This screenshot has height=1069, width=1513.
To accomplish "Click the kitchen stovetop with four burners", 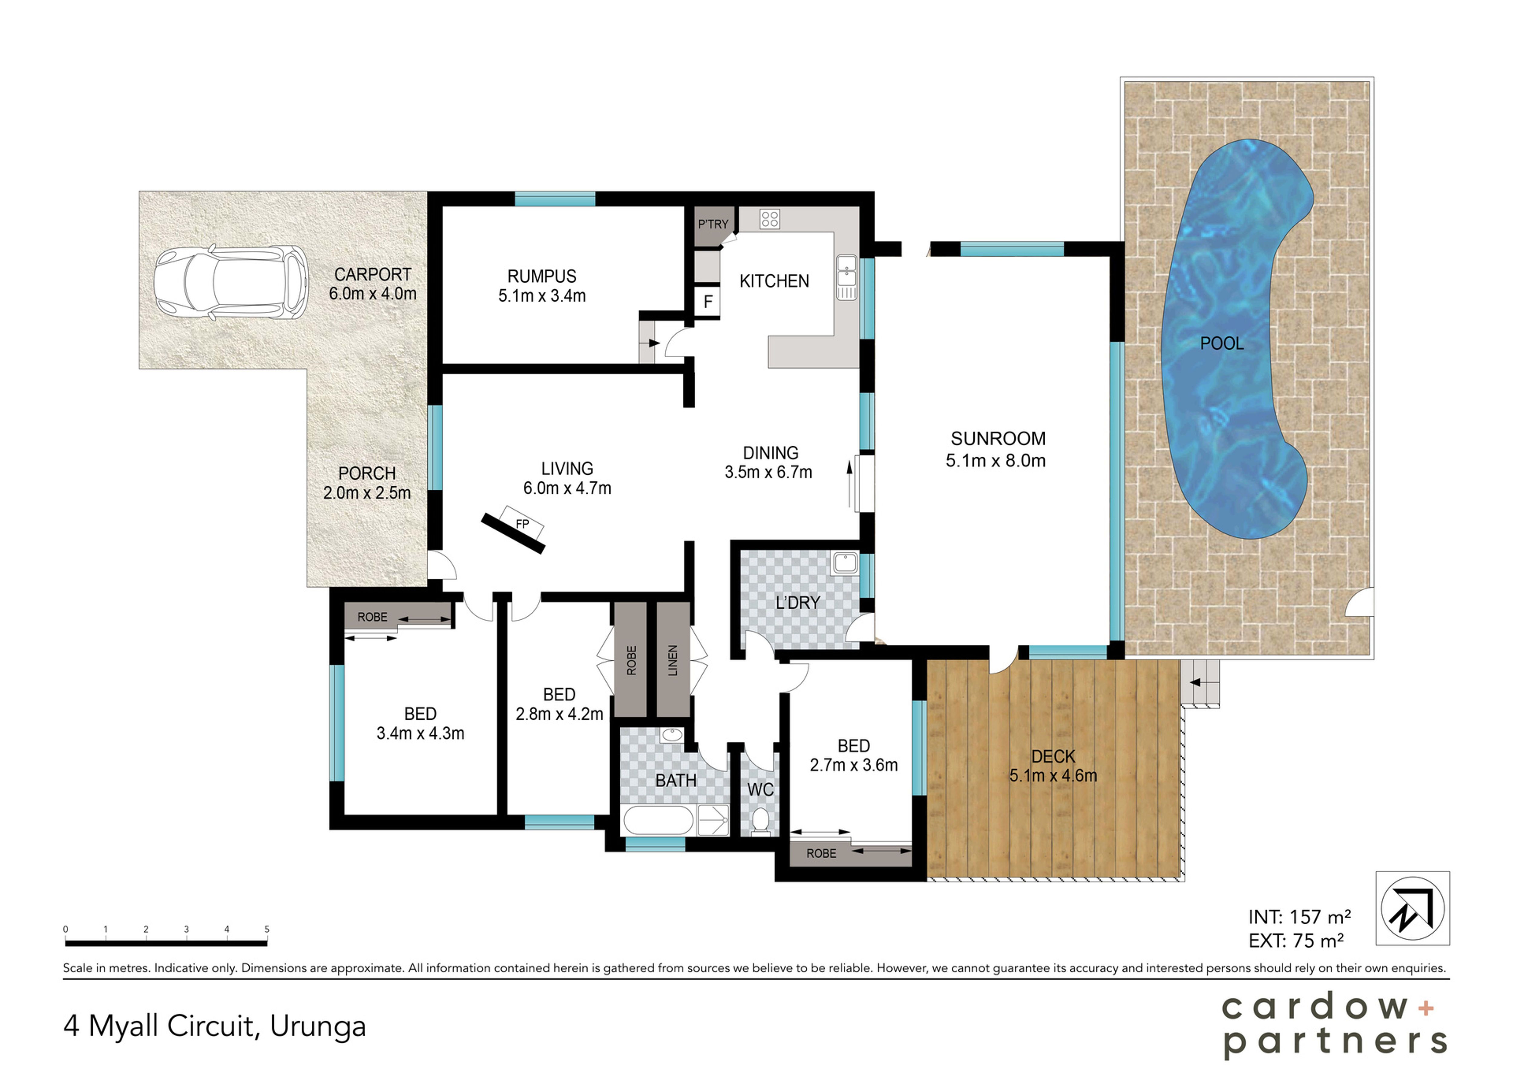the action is click(770, 219).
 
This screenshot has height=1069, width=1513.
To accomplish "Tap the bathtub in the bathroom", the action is click(658, 821).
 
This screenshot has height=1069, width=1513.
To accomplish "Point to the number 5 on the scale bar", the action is click(267, 929).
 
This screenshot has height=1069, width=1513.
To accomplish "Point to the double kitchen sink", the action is click(847, 277).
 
